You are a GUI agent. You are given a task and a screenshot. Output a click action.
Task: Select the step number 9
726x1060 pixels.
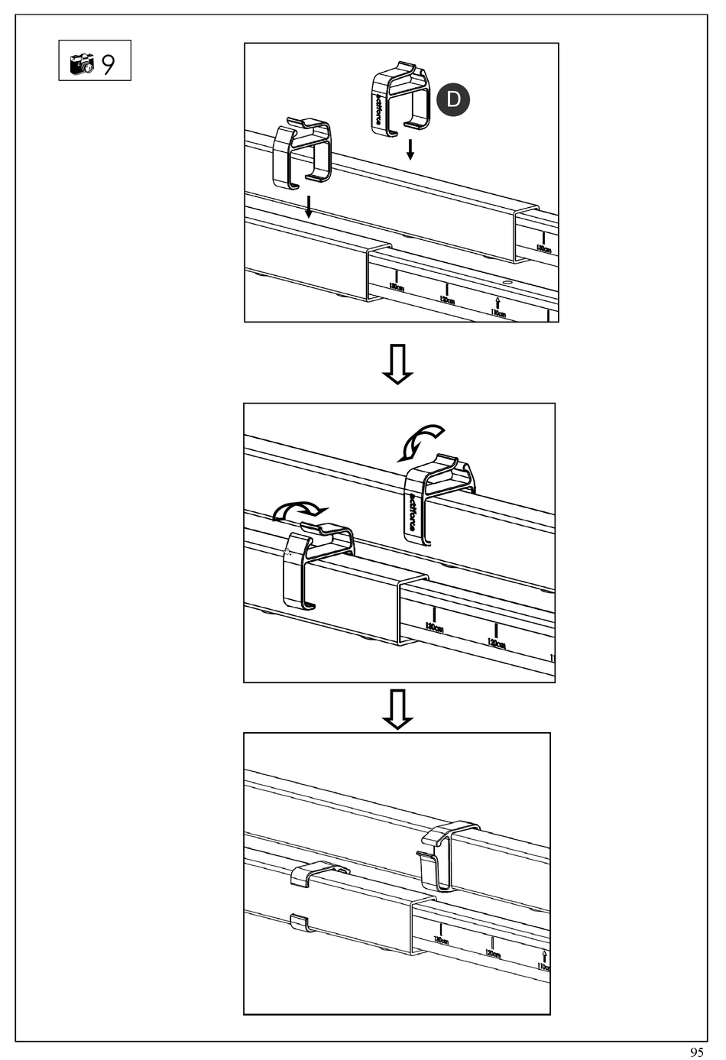109,63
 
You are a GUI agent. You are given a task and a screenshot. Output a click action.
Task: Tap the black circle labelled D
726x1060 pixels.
453,99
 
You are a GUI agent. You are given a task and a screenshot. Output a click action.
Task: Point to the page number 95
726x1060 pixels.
696,1052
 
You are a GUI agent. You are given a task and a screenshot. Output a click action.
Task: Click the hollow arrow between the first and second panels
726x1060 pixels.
397,364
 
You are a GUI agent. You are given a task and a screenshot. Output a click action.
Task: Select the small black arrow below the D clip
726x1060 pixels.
410,148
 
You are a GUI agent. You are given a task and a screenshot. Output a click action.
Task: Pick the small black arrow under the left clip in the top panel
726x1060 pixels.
307,206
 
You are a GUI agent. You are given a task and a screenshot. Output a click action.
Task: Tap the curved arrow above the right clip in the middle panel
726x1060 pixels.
423,441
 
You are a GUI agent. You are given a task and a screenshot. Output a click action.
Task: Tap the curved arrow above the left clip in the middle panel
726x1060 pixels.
300,509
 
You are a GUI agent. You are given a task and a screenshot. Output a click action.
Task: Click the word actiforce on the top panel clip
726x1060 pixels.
379,109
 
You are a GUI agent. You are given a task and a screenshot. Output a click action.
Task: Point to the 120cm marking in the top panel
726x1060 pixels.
446,297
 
